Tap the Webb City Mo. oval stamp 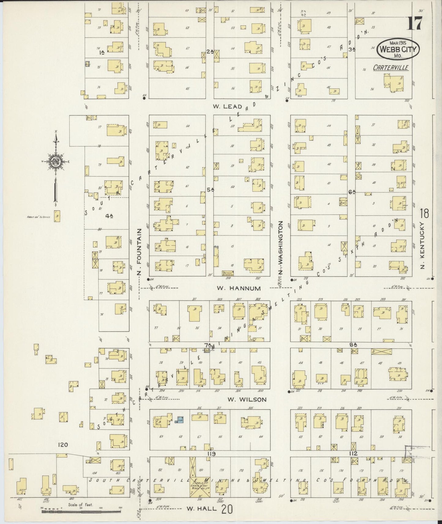tap(398, 49)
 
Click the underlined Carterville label tap(391, 68)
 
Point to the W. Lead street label tap(228, 106)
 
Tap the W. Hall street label tap(202, 508)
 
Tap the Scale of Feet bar tap(81, 509)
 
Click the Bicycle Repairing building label tap(228, 273)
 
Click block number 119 tap(211, 454)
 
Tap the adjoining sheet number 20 tap(227, 509)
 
